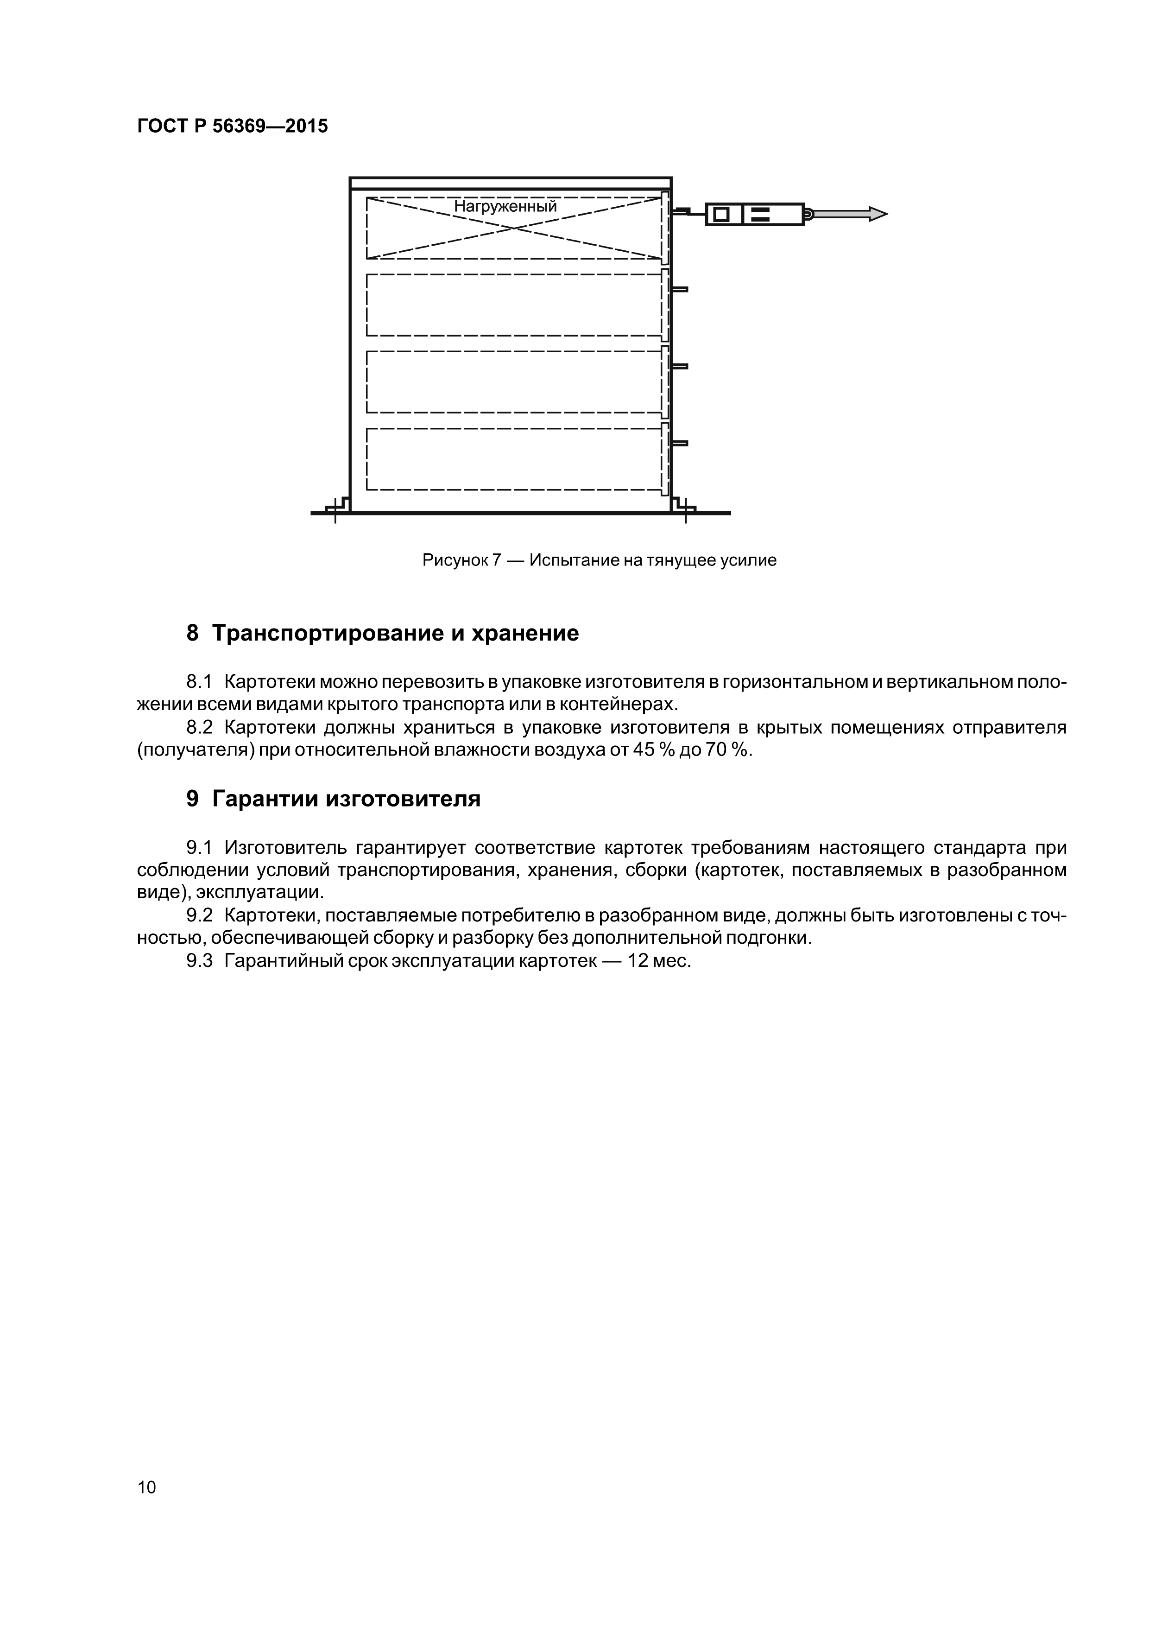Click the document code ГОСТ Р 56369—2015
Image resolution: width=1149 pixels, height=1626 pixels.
point(232,126)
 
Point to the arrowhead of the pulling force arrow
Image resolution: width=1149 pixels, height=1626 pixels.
point(878,214)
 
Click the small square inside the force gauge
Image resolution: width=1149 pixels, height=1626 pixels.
point(721,214)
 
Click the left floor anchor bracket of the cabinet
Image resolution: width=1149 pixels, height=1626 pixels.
point(337,506)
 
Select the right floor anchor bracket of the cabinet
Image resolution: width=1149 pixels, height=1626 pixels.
point(684,506)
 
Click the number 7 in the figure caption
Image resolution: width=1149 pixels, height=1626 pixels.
point(496,560)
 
